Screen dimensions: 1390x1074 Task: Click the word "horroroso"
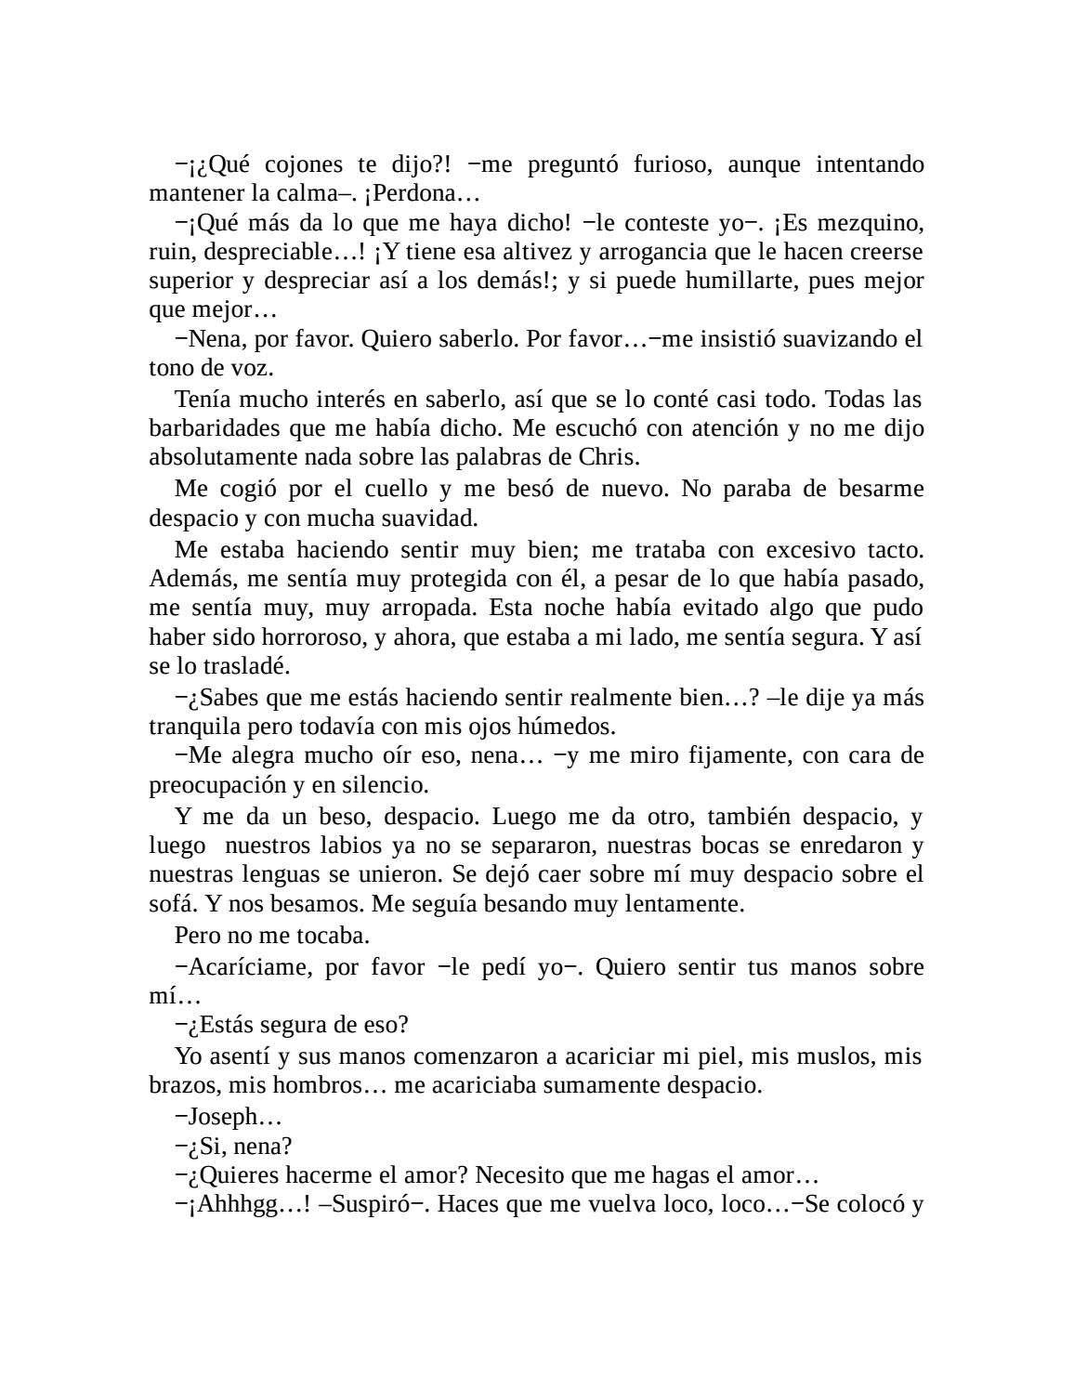[x=308, y=637]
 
